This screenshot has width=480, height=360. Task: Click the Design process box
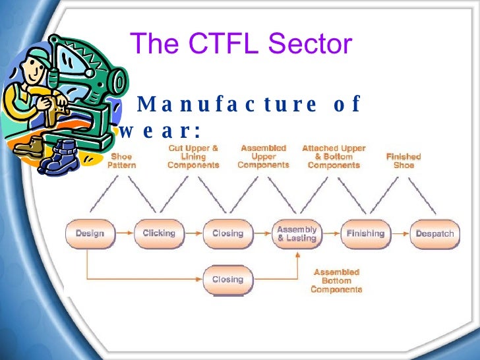click(90, 233)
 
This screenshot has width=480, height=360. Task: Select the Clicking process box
click(159, 233)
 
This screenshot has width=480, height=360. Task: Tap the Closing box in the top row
click(227, 233)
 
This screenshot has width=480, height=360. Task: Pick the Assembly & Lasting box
click(297, 233)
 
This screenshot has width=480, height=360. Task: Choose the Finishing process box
click(365, 233)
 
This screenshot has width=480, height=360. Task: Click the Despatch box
click(434, 233)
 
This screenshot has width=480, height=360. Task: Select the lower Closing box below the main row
click(227, 280)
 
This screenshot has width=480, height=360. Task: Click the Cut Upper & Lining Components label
click(193, 157)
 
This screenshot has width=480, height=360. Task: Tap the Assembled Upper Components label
click(263, 157)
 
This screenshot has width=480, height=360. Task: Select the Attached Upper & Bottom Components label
click(334, 157)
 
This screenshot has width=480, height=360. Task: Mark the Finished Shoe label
click(404, 161)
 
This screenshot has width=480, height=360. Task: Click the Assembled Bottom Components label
click(336, 280)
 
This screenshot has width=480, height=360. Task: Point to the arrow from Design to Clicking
click(124, 233)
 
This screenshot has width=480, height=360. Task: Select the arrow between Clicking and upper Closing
click(193, 233)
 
